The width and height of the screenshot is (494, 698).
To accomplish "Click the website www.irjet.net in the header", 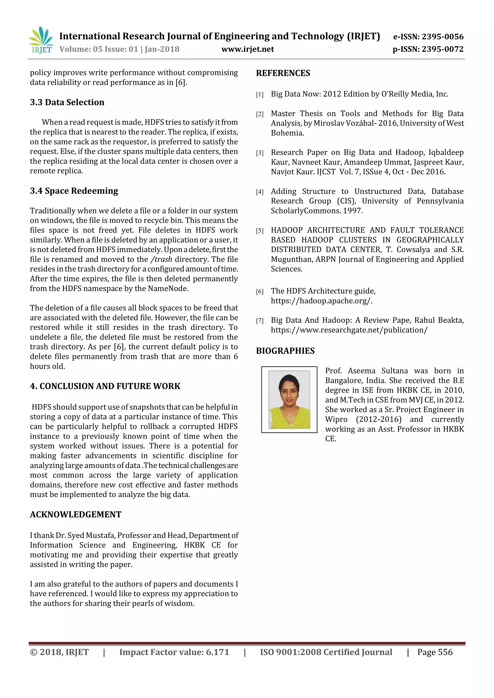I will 248,49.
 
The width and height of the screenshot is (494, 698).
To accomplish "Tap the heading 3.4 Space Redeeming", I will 74,191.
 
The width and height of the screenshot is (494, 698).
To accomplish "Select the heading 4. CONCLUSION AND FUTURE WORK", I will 105,386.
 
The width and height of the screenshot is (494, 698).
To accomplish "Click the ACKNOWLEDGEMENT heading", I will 75,514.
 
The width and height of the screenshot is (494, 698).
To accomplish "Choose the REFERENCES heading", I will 283,73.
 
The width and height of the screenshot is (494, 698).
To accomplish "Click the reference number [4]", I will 260,192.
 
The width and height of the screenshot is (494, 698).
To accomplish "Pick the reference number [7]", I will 260,321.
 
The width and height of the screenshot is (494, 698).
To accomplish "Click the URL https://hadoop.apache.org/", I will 322,301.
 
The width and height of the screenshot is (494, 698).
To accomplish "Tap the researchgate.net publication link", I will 349,330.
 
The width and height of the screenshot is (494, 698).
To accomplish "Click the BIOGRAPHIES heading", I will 285,351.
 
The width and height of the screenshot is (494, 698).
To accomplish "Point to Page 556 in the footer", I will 435,652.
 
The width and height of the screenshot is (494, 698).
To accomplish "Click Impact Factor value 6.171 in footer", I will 174,652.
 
